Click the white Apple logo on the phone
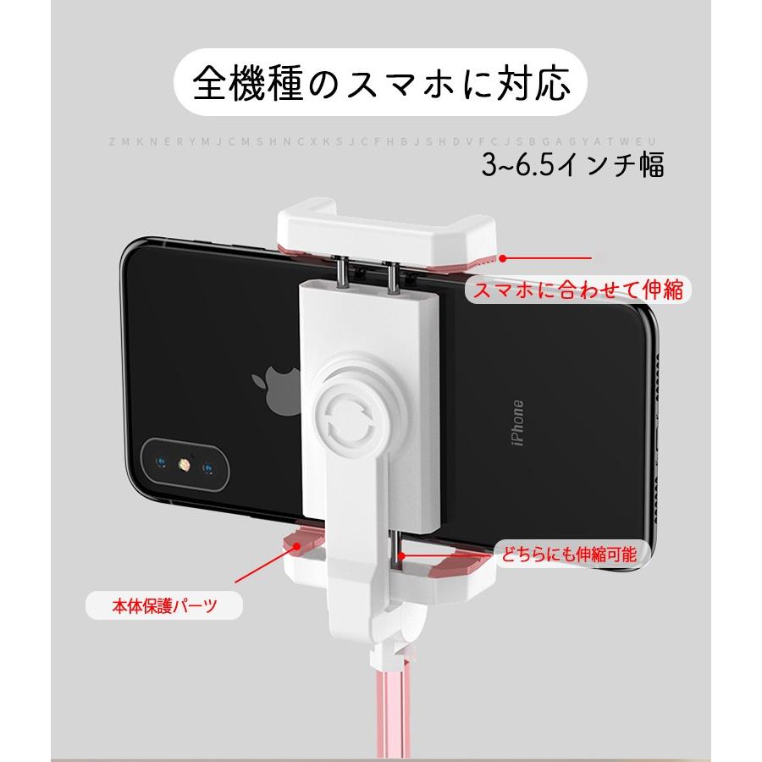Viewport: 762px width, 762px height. [273, 389]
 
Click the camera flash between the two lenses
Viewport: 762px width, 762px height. [184, 464]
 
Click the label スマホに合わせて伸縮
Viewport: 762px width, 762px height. [577, 291]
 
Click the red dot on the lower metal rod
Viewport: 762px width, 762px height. [406, 555]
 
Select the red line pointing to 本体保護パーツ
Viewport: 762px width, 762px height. [262, 567]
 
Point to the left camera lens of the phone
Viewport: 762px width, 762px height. [159, 463]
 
